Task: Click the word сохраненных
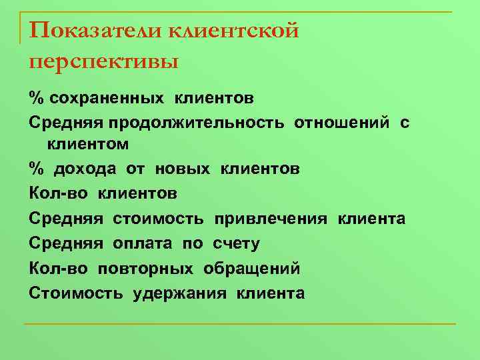[x=107, y=99]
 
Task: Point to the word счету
[x=236, y=244]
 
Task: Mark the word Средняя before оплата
[x=66, y=244]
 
